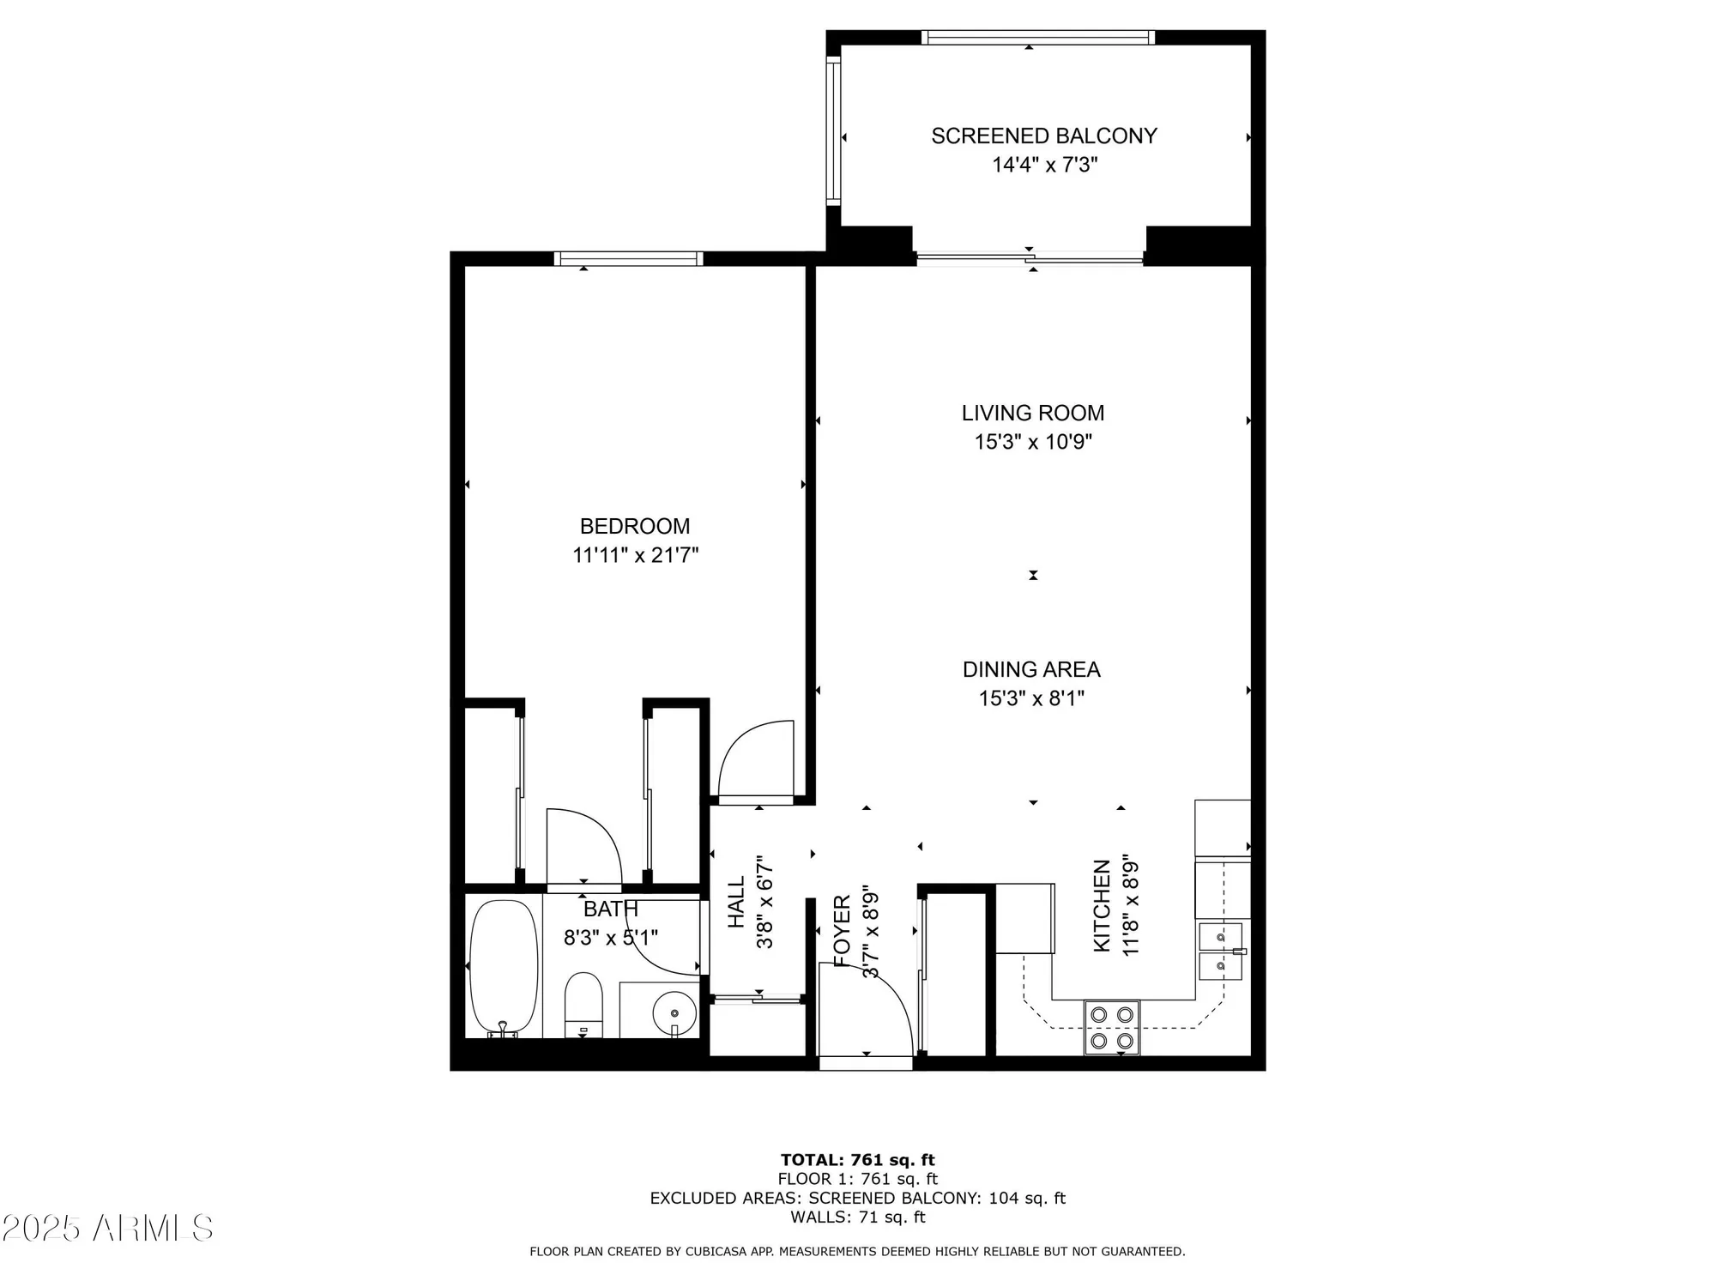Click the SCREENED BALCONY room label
tap(1044, 136)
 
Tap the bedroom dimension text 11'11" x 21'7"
tap(635, 555)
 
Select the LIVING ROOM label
tap(1032, 413)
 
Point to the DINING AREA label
tap(1031, 669)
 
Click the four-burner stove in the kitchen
tap(1112, 1027)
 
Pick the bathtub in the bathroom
tap(504, 967)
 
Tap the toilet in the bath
tap(583, 1004)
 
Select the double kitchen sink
tap(1220, 952)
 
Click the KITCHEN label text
tap(1102, 906)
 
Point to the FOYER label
tap(842, 931)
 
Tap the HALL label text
tap(736, 902)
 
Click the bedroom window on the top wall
tap(628, 258)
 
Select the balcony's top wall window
tap(1037, 37)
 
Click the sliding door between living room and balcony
tap(1030, 257)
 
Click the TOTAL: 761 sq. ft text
tap(857, 1160)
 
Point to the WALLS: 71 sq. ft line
tap(857, 1217)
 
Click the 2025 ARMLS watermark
tap(107, 1229)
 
